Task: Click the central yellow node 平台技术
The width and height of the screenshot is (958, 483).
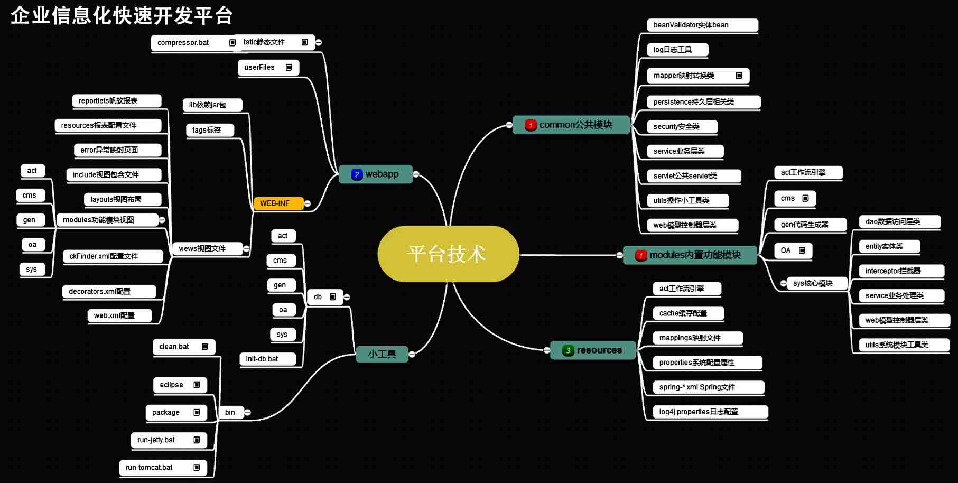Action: [448, 254]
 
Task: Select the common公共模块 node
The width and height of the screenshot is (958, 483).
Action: [571, 125]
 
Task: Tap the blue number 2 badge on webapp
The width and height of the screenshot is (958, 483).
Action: [357, 174]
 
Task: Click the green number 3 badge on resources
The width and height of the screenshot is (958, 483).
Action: [568, 350]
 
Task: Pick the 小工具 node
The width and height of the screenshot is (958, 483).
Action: [382, 354]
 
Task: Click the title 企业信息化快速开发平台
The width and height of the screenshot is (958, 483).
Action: [122, 16]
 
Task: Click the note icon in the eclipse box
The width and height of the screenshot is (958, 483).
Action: [197, 385]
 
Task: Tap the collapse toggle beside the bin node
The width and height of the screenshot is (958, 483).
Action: [247, 412]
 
